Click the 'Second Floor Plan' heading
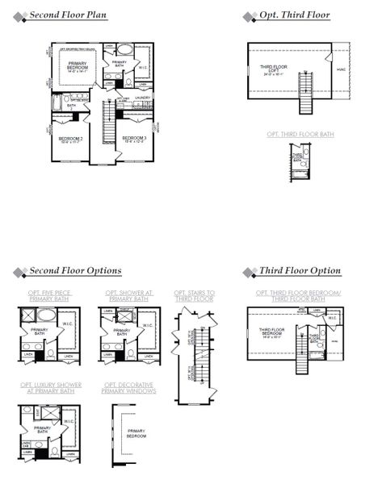point(67,15)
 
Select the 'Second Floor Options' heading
point(74,270)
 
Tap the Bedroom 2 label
point(70,140)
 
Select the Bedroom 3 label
point(134,139)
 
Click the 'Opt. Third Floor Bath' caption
point(300,134)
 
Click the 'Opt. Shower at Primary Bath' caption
point(127,295)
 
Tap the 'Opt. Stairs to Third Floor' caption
point(194,295)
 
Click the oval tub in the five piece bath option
point(46,315)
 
